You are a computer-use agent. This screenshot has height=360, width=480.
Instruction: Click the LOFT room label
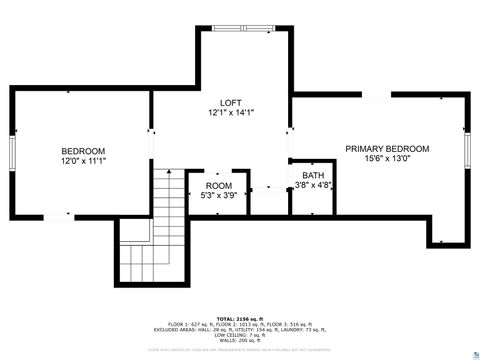232,103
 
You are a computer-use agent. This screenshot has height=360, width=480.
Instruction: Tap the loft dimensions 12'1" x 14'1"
232,113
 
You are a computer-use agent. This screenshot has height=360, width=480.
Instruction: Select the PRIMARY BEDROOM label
387,148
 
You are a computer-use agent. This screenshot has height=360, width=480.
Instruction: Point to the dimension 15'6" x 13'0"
387,158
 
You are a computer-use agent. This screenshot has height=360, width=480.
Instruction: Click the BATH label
313,175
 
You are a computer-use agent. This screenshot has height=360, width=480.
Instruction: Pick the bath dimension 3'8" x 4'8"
313,185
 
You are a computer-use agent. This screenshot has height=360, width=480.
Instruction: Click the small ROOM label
218,186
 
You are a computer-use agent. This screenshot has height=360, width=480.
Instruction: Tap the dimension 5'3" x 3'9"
218,196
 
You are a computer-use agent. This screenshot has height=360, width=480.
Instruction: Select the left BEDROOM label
83,151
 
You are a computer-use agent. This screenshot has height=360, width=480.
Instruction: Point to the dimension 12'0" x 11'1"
83,161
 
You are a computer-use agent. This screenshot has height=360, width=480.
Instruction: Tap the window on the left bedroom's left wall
11,153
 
